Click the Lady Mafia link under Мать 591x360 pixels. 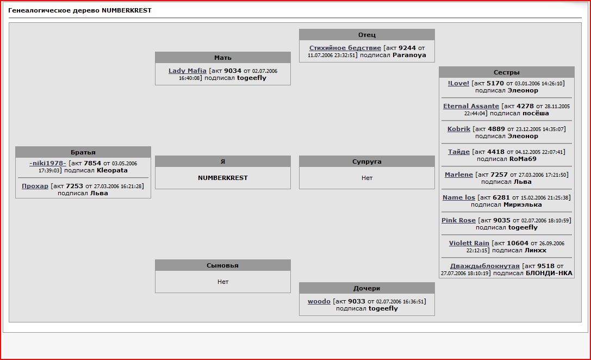[x=188, y=71]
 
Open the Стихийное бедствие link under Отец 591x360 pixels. [x=345, y=48]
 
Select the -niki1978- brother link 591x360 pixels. [x=47, y=163]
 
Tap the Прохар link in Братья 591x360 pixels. [x=35, y=186]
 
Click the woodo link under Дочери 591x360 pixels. [x=319, y=301]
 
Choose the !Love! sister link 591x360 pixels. [x=458, y=83]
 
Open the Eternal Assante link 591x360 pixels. [x=471, y=106]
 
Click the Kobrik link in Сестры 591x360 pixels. [x=459, y=129]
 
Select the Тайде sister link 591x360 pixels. [x=459, y=152]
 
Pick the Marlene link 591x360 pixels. [x=459, y=175]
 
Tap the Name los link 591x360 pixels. [x=459, y=197]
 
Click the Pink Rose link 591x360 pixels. [x=458, y=220]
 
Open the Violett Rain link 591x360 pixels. [x=469, y=243]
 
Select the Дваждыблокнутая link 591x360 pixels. [x=485, y=266]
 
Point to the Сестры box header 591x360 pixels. [x=507, y=72]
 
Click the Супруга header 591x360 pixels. [x=367, y=162]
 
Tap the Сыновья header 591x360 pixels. [x=223, y=265]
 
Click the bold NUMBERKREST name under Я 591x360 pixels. [x=223, y=178]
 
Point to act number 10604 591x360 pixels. [x=518, y=243]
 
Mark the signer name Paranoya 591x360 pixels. [x=409, y=55]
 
